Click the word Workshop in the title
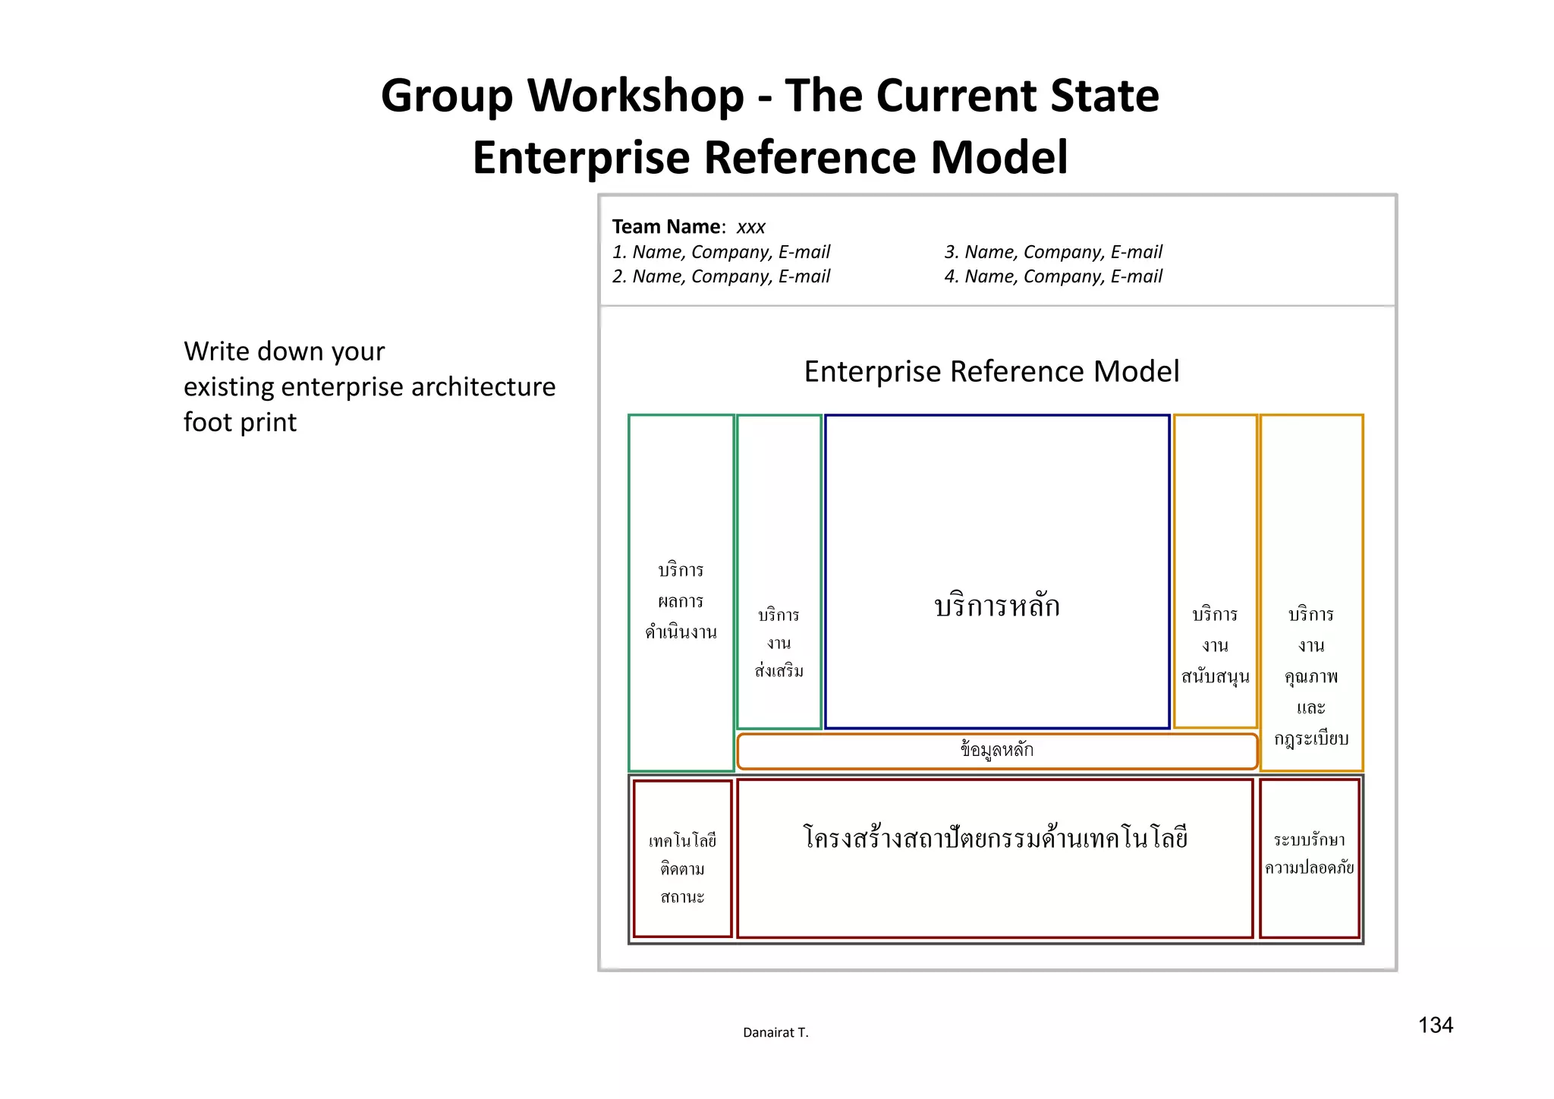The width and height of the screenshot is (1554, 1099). [x=635, y=96]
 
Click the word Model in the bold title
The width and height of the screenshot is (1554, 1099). [x=999, y=158]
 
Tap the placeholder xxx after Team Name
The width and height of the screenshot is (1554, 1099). [x=750, y=227]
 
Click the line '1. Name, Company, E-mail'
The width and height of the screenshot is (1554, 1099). [x=721, y=252]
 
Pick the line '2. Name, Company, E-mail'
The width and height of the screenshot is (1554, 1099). [x=721, y=276]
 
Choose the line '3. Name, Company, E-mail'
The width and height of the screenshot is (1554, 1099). [x=1053, y=252]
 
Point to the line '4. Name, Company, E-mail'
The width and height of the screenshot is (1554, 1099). [x=1053, y=276]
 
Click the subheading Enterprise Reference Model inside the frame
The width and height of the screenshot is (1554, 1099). [x=991, y=372]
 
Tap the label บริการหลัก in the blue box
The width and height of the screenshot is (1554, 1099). [x=996, y=606]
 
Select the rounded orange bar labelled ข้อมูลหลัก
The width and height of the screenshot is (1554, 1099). [x=996, y=751]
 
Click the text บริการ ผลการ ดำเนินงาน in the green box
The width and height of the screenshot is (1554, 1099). [x=681, y=600]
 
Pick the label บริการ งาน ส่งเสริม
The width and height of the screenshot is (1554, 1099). [x=779, y=643]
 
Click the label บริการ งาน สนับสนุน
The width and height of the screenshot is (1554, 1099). [x=1215, y=645]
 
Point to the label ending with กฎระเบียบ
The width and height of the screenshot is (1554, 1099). [x=1311, y=675]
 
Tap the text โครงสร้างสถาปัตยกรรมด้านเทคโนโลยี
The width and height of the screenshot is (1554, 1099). [x=995, y=839]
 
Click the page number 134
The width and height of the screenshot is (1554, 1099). [x=1435, y=1025]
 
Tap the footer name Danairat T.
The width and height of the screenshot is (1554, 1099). [x=775, y=1032]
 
